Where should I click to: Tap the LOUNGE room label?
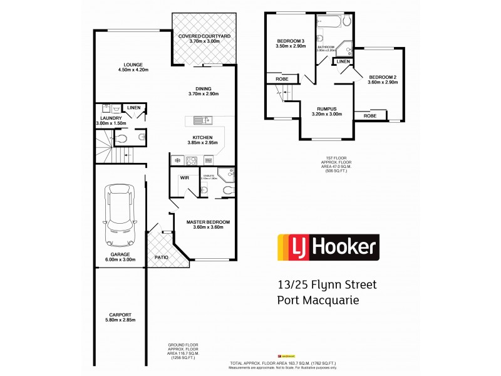click(x=133, y=65)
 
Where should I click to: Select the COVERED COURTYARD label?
click(x=204, y=36)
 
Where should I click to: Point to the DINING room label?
click(x=203, y=88)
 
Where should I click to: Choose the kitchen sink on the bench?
click(x=203, y=120)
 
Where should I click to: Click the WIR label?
click(x=185, y=178)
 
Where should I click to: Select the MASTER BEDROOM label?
click(x=209, y=222)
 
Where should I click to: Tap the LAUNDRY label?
click(x=110, y=118)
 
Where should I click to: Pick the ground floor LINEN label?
click(x=134, y=108)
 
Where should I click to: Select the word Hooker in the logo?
click(x=346, y=247)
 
